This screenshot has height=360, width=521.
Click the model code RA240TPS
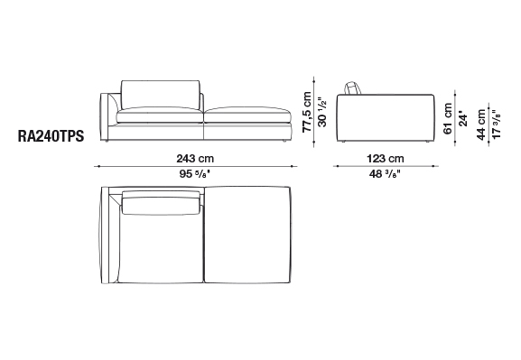(51, 136)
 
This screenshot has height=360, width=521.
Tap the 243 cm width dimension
(195, 159)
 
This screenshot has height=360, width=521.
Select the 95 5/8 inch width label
(195, 174)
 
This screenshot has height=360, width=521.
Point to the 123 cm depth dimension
(386, 159)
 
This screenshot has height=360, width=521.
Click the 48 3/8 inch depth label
(385, 174)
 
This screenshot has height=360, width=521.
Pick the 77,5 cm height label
(307, 112)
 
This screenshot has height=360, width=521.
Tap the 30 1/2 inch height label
(322, 112)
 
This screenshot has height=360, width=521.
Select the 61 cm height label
(448, 118)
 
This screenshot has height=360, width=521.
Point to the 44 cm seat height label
(480, 125)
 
